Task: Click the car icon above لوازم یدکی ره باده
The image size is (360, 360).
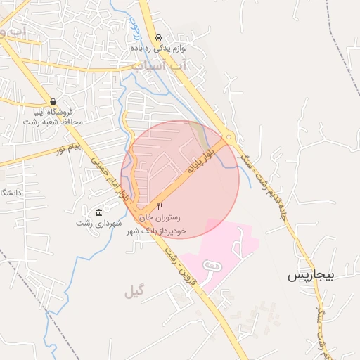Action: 158,38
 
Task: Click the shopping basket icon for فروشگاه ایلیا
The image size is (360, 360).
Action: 53,101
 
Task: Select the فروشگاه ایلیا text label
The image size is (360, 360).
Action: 53,112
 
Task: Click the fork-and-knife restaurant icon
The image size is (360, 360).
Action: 160,207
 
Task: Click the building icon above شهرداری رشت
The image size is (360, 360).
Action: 98,212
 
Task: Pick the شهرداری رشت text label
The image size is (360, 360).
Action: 98,223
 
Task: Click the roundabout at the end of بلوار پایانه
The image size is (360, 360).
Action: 229,139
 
